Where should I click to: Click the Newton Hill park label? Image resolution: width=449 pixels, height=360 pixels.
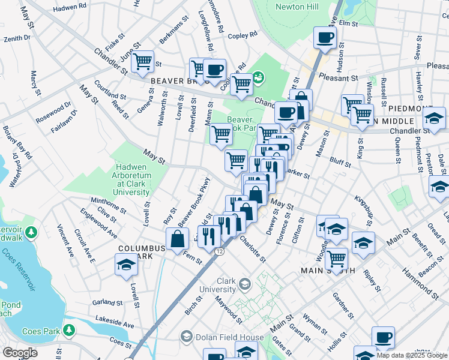[x=296, y=7]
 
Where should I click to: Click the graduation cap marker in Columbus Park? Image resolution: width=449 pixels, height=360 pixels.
[x=126, y=265]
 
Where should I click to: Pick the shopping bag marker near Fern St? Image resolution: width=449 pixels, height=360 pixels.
[x=178, y=239]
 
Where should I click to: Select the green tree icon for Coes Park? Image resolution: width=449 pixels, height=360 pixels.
[x=70, y=330]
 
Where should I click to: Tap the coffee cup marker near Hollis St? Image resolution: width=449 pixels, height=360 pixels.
[x=383, y=338]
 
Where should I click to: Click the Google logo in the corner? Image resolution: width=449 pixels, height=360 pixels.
[x=20, y=353]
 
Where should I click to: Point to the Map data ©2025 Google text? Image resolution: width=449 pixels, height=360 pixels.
[x=412, y=355]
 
